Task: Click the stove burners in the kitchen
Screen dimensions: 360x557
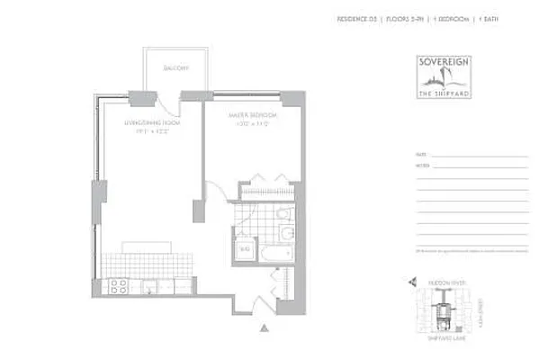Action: pos(116,287)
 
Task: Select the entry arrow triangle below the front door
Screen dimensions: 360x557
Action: pos(263,329)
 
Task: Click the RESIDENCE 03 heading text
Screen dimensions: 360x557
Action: pos(356,18)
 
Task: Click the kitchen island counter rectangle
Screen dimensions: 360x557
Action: pos(148,245)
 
